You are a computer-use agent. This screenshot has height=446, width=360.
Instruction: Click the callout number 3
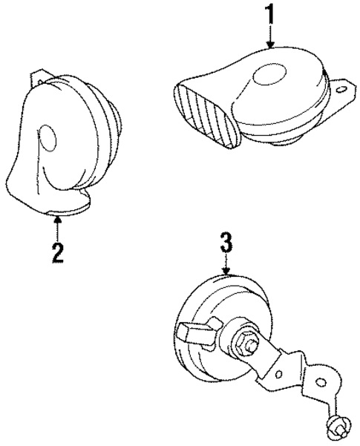(x=227, y=244)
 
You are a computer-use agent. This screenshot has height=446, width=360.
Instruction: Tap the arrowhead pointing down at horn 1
(x=270, y=45)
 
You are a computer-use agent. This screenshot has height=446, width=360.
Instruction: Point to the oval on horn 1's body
(x=269, y=76)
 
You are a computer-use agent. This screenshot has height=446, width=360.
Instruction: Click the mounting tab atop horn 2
(x=36, y=78)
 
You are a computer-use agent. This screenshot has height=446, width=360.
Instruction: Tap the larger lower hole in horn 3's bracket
(x=321, y=384)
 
